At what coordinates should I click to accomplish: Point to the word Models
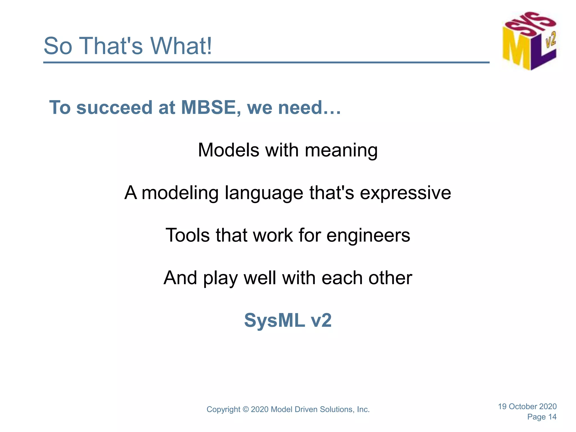(x=228, y=150)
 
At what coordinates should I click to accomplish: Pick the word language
(x=264, y=193)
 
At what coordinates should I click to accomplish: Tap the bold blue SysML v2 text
(x=288, y=320)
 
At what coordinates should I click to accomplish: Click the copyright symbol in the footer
(x=246, y=409)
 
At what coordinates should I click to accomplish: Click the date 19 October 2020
(x=527, y=406)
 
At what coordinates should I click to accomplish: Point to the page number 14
(x=552, y=417)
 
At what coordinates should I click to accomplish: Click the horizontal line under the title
(x=266, y=62)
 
